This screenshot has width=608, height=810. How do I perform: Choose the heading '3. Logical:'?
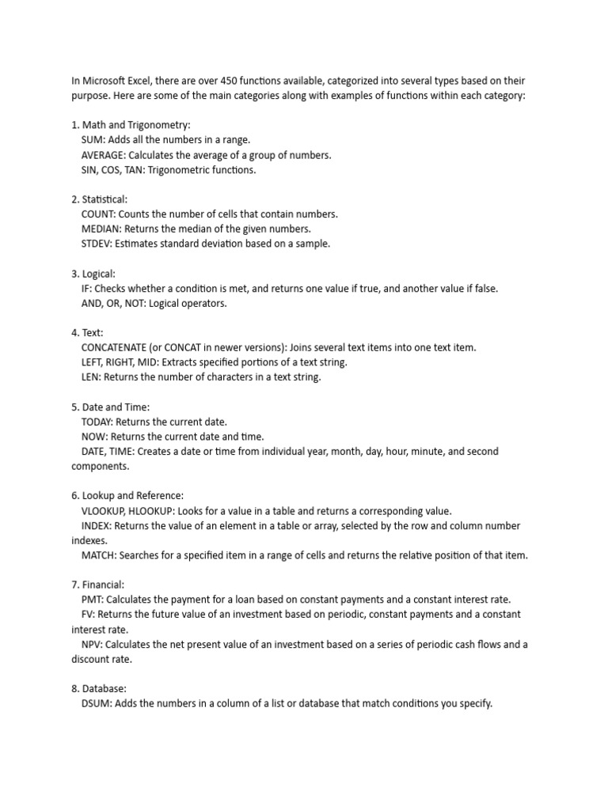tap(93, 274)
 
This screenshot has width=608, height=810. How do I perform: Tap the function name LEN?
tap(90, 377)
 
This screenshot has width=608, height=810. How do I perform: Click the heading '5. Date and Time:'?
tap(110, 407)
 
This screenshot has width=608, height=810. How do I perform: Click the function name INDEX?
tap(96, 525)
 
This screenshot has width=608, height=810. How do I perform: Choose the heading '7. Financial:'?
tap(98, 585)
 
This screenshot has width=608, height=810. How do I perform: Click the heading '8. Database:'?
tap(99, 689)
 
